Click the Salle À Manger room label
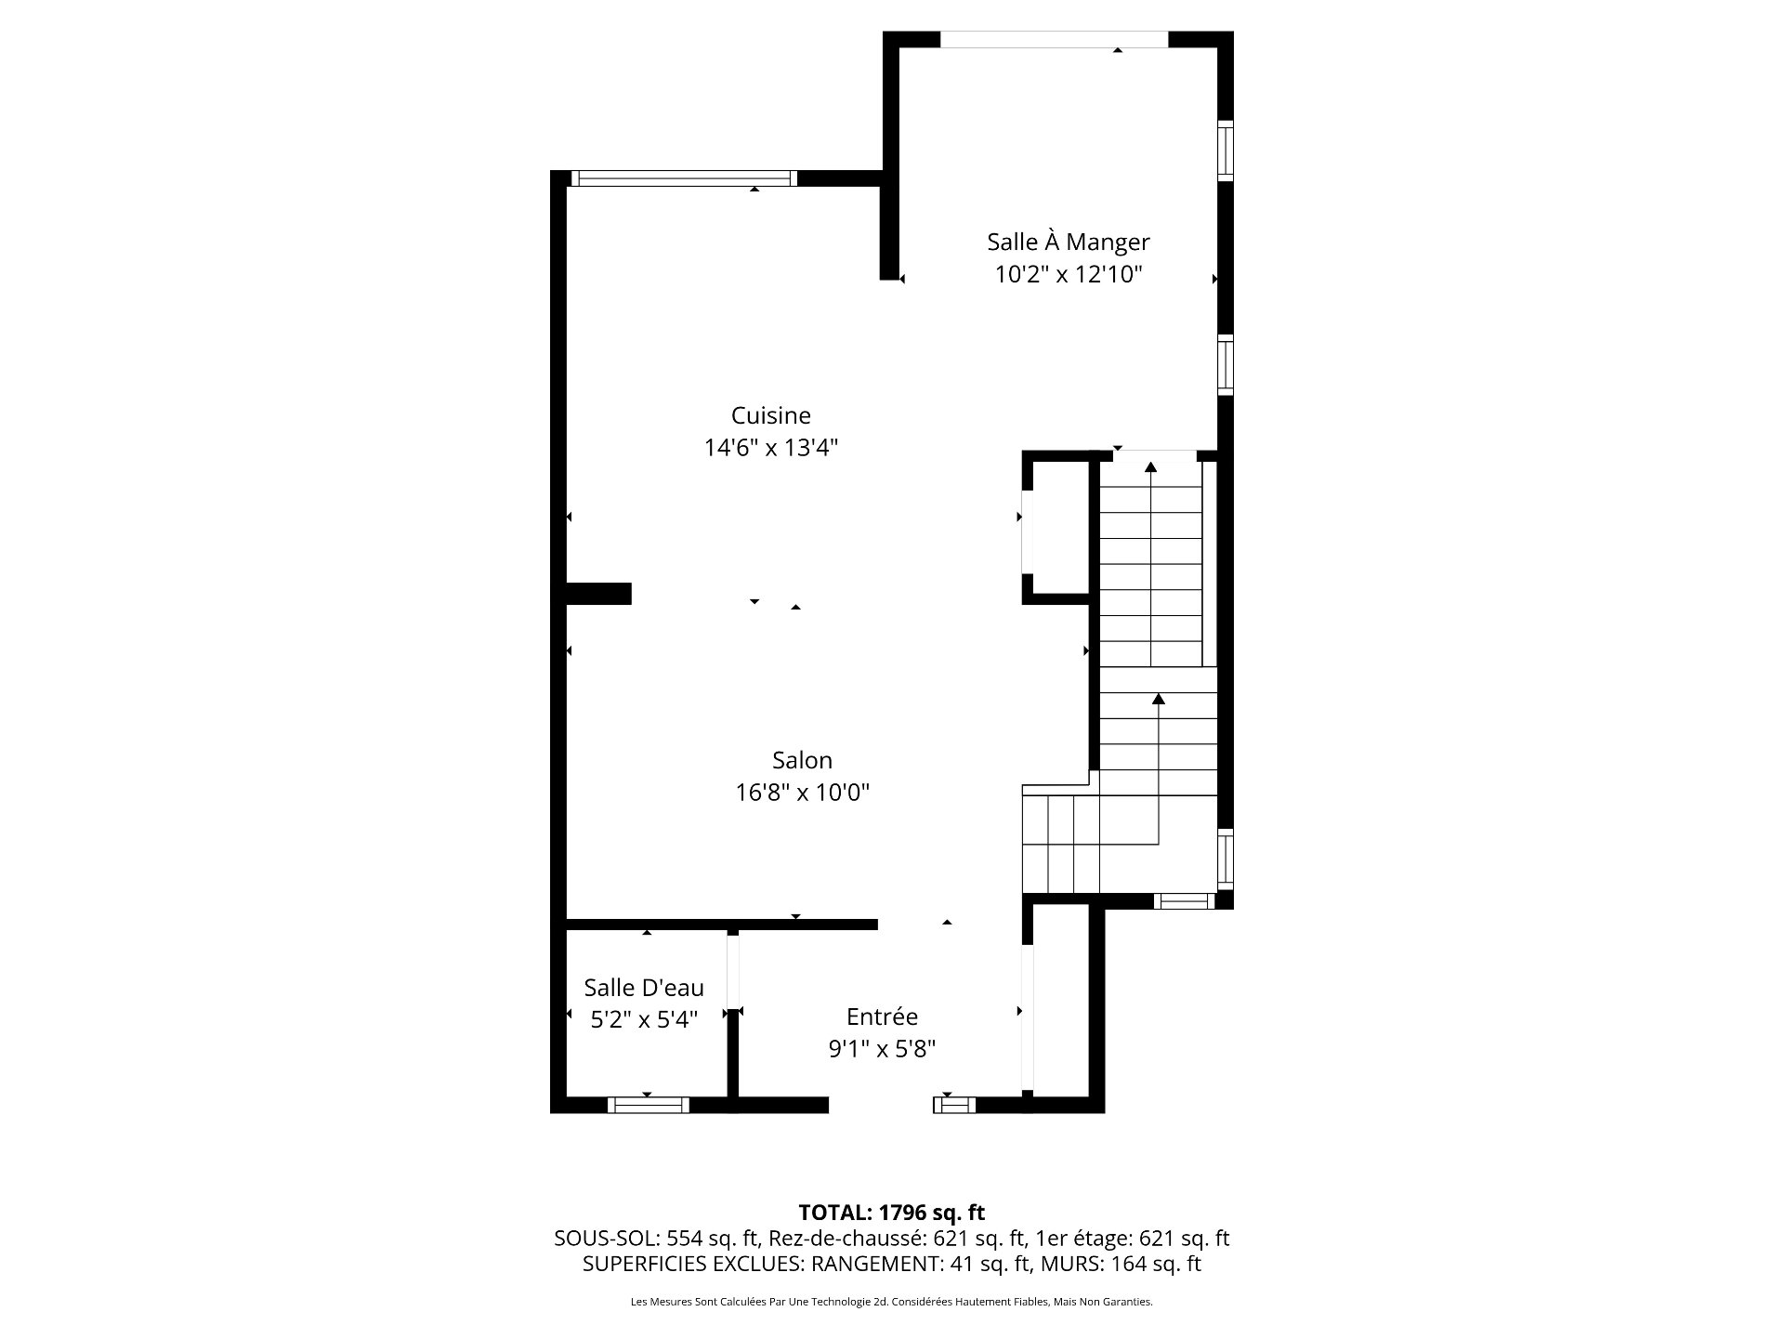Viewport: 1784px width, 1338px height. (1068, 243)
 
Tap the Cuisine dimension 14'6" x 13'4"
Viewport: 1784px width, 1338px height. (770, 448)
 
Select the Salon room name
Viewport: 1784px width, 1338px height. (802, 760)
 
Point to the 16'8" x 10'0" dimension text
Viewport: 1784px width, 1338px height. (802, 793)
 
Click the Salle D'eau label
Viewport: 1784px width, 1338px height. (644, 987)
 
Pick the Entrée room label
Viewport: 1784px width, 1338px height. (882, 1017)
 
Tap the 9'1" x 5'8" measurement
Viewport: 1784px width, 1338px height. (882, 1049)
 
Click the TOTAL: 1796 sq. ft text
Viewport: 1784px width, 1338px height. (891, 1213)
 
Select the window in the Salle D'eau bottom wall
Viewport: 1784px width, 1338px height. (649, 1105)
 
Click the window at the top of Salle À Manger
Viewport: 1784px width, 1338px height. (1054, 39)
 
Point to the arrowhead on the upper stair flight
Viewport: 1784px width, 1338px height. (1151, 467)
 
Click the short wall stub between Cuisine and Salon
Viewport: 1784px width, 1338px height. (599, 594)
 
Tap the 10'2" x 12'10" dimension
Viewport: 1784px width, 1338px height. (1068, 275)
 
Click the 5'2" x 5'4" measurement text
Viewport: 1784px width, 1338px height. (644, 1019)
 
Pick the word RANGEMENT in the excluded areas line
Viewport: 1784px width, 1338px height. (876, 1264)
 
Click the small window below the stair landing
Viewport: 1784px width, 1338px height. (1184, 899)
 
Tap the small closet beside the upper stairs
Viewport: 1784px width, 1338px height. (1059, 528)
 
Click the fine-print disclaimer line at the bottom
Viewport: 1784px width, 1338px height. (891, 1303)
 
